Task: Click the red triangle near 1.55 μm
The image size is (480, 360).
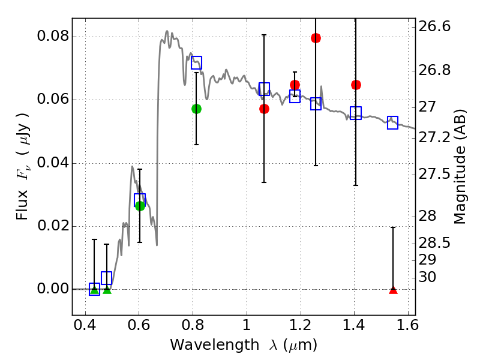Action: pos(393,290)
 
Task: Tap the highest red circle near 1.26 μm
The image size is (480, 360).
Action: pos(316,38)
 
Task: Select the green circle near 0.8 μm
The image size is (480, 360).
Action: pos(196,109)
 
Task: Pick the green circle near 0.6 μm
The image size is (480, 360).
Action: pos(140,206)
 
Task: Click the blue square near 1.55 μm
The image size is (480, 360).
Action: pos(393,122)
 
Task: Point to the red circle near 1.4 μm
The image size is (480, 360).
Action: pos(356,85)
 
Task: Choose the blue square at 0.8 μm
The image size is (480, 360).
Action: pos(196,62)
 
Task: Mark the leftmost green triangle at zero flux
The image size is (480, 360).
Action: pos(94,290)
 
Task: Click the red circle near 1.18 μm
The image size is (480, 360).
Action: pos(295,85)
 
